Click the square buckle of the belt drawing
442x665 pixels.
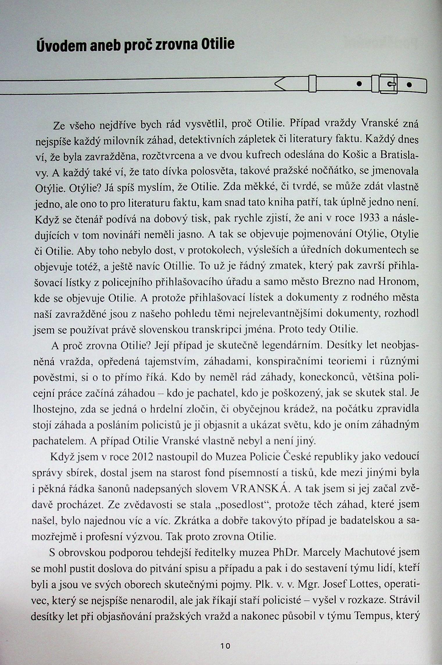(x=389, y=84)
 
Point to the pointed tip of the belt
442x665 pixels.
(x=276, y=85)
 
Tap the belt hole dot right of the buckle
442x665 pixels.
(x=410, y=85)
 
